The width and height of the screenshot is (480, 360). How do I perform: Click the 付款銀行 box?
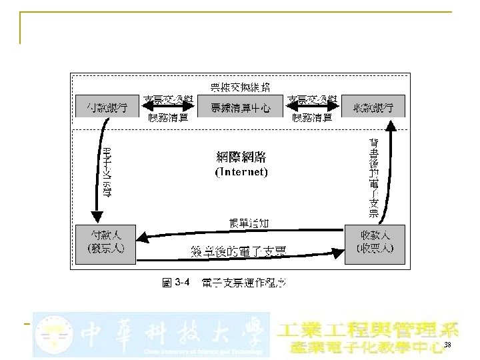[x=107, y=107]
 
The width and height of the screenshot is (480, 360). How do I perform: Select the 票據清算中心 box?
[x=240, y=107]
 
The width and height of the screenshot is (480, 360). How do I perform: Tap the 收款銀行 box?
[x=373, y=107]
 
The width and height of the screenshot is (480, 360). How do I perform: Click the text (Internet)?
[x=241, y=172]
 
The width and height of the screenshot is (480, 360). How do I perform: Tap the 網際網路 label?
[x=241, y=157]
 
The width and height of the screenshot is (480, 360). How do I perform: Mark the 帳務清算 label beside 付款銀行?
[x=168, y=117]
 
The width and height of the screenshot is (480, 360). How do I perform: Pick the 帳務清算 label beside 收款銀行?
[x=313, y=117]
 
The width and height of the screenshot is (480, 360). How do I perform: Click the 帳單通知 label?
[x=249, y=223]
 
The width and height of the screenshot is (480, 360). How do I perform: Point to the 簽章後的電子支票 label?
[x=238, y=251]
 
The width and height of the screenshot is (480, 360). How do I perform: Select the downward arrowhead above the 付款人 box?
[x=97, y=217]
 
